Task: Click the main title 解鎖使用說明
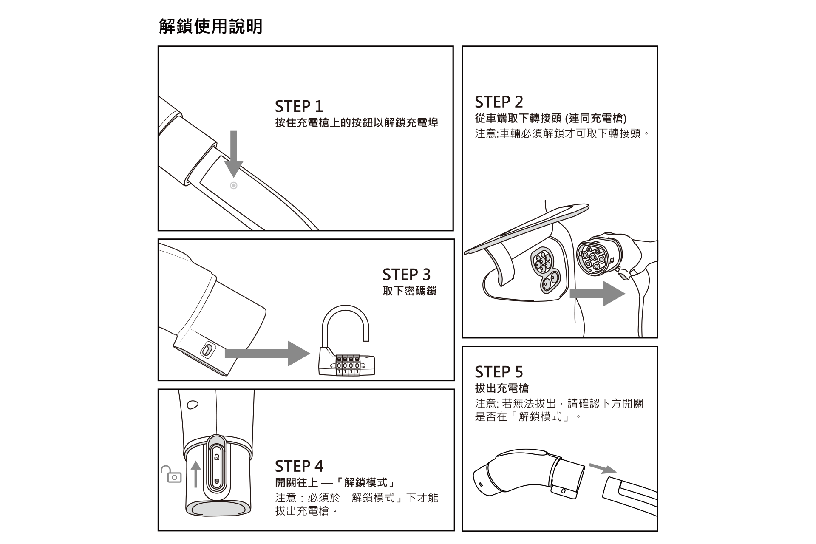[211, 26]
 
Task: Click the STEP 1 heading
[299, 106]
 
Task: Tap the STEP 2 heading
[499, 102]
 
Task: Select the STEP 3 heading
[406, 275]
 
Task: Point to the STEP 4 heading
[299, 466]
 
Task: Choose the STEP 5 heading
[499, 372]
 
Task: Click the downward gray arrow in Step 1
[233, 153]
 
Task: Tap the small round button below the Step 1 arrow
[233, 185]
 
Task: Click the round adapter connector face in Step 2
[593, 257]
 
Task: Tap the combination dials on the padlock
[348, 366]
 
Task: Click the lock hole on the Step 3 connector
[207, 351]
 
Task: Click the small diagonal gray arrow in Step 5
[603, 468]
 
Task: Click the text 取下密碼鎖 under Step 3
[409, 291]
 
